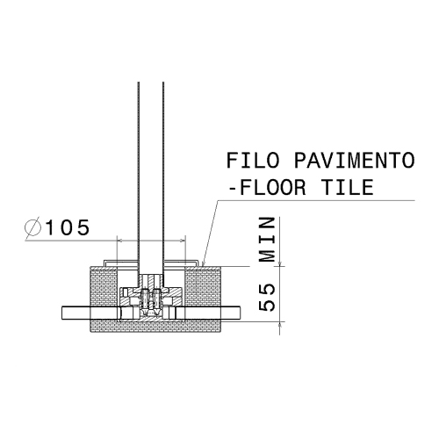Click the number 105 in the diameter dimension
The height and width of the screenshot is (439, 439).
coord(67,227)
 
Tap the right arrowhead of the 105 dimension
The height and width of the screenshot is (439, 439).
coord(184,238)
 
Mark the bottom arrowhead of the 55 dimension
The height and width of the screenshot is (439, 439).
coord(280,321)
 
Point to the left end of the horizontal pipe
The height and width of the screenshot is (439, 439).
coord(64,312)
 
